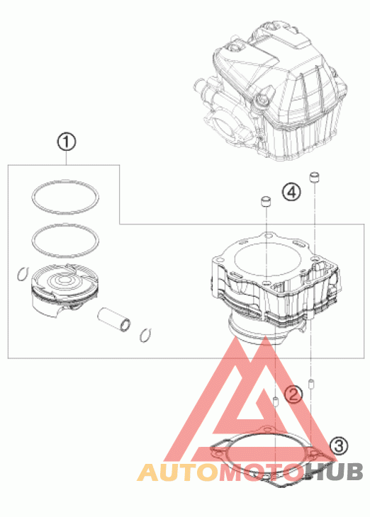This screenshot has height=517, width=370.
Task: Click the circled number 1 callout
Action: click(67, 142)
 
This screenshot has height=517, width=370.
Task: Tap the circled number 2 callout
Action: click(293, 394)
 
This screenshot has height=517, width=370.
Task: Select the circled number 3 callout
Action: click(339, 446)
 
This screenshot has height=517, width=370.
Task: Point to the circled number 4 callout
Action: click(291, 192)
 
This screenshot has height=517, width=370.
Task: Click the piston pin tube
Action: click(114, 319)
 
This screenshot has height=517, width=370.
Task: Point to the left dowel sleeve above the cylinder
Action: click(266, 201)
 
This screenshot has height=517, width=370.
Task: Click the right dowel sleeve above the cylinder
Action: click(315, 177)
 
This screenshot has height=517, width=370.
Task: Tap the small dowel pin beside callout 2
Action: click(276, 402)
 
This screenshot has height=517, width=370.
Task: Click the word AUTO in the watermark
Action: click(178, 472)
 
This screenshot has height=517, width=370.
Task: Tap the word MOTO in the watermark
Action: click(262, 472)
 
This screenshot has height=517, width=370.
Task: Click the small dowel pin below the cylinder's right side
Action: click(310, 385)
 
